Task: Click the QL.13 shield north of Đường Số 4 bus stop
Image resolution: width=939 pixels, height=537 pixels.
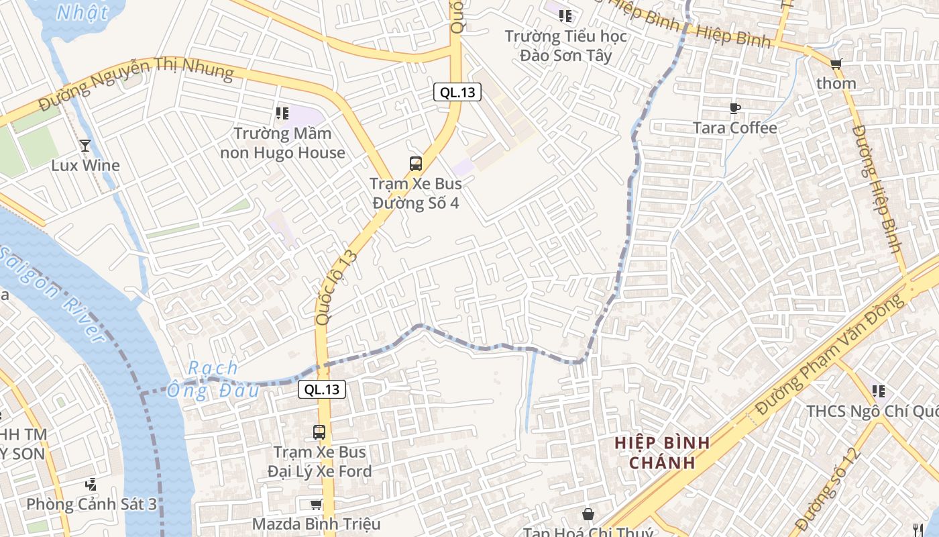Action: coord(457,93)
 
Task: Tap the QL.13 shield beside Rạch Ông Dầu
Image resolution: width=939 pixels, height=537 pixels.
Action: coord(322,389)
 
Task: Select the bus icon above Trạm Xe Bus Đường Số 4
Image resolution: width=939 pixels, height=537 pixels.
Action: coord(416,163)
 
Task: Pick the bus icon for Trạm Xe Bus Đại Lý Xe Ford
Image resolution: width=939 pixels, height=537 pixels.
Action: coord(319,432)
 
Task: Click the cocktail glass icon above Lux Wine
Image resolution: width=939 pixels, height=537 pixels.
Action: coord(85,145)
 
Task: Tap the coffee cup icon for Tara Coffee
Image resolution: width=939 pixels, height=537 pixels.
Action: coord(735,108)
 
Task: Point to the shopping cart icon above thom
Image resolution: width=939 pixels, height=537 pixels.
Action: coord(836,64)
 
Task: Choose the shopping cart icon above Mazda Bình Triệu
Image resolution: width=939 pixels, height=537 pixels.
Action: coord(316,504)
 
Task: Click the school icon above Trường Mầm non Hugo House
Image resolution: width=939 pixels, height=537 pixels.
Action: coord(282,113)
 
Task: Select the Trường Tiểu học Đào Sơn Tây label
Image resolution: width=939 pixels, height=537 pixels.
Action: coord(567,46)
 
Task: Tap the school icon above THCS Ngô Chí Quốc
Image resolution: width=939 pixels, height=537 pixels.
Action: coord(879,391)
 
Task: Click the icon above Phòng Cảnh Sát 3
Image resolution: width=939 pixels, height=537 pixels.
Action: coord(91,484)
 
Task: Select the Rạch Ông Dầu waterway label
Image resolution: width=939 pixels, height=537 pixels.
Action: coord(213,379)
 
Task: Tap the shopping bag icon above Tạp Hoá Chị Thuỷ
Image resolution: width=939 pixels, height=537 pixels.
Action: coord(588,514)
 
